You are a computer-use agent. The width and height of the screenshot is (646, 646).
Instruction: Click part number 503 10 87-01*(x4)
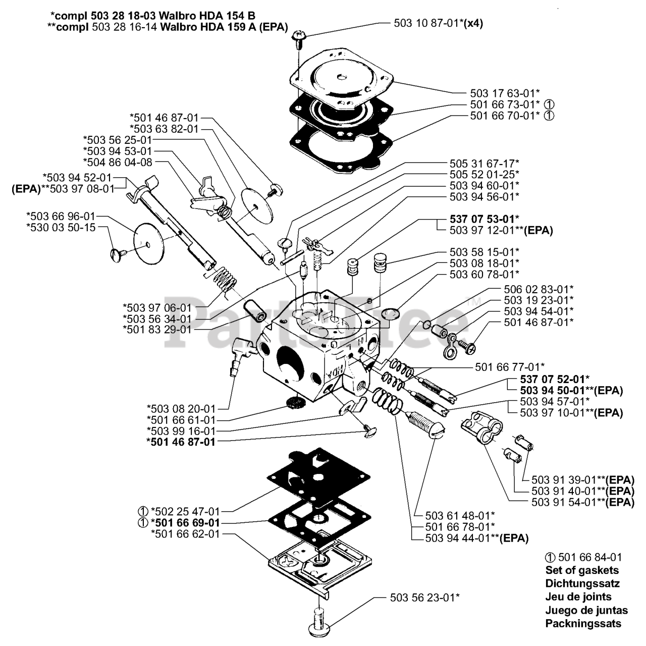(438, 23)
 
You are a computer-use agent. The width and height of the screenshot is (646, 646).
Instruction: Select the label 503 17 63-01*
(505, 93)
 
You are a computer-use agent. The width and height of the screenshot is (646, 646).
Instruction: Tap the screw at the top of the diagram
(297, 39)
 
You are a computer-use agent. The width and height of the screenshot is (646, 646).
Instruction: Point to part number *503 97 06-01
(157, 307)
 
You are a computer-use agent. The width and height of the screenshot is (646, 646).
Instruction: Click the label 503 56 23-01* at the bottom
(425, 598)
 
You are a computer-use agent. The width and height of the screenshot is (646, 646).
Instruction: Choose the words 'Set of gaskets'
(582, 570)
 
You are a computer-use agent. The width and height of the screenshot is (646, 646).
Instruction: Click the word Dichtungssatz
(582, 583)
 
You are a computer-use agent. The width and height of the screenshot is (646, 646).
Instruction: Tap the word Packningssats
(583, 623)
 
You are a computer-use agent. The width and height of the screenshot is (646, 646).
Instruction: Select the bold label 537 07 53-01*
(484, 219)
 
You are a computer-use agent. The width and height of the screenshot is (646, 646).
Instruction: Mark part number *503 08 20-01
(181, 409)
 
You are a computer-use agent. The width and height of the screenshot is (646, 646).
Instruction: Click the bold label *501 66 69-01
(185, 523)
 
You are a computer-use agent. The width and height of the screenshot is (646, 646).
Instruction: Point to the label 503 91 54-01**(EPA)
(583, 502)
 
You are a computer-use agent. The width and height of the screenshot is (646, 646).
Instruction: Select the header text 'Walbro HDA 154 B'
(207, 16)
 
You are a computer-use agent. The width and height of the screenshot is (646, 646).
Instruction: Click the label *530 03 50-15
(61, 227)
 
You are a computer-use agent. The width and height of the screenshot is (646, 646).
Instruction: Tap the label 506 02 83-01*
(539, 289)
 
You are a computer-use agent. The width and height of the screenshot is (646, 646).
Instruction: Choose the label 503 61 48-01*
(460, 515)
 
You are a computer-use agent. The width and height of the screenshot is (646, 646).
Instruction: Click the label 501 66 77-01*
(510, 367)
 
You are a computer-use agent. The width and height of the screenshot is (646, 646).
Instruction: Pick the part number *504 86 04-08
(118, 162)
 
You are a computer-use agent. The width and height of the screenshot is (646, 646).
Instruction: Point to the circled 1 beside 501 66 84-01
(550, 557)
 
